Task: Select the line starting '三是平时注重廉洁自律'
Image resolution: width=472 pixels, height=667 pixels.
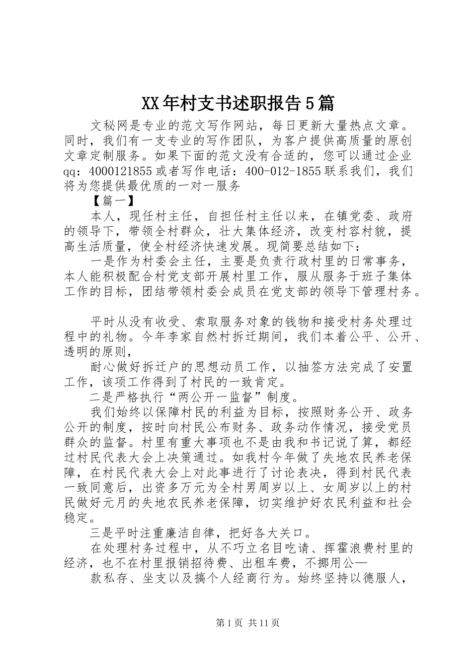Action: (x=201, y=533)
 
